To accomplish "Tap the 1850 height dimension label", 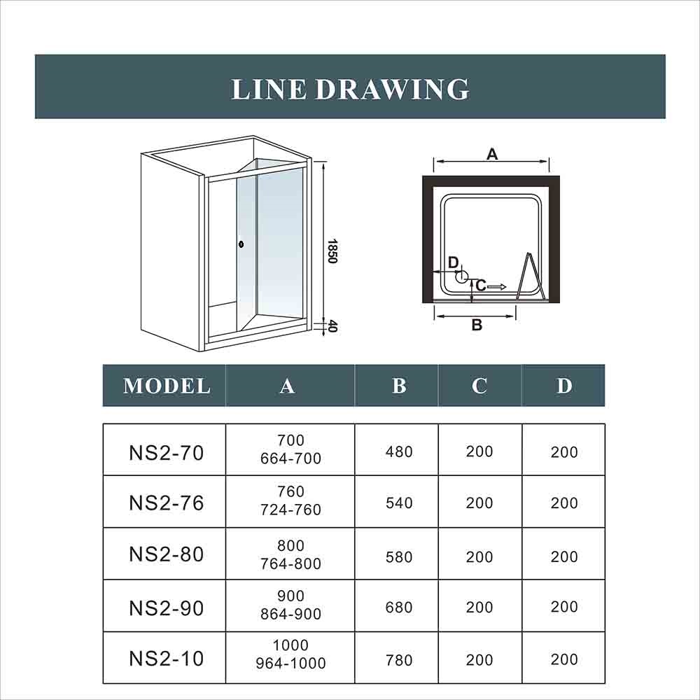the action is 332,251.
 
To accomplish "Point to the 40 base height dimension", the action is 332,326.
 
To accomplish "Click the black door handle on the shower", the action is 241,244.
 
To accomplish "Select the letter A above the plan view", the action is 491,154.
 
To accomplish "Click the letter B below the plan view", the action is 477,325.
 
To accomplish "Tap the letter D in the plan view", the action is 453,262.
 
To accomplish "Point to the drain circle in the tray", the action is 461,276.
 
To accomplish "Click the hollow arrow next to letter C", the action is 497,286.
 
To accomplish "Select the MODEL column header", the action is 167,386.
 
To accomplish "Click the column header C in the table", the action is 479,386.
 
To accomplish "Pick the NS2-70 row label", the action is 166,453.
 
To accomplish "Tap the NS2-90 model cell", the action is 166,608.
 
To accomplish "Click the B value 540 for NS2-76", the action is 399,503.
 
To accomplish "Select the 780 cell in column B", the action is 399,660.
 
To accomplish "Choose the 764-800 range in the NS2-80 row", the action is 290,563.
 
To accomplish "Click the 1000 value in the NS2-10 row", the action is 290,645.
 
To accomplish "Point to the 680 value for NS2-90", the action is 399,608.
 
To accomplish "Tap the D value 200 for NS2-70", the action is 564,452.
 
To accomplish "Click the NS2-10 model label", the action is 166,659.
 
